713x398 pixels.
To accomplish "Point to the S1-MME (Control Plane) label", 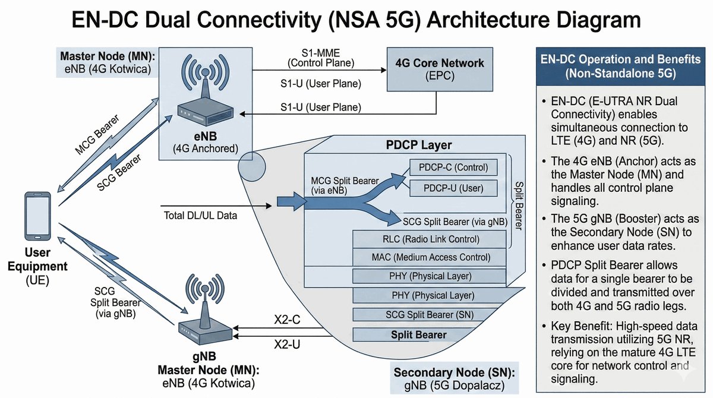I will coord(321,57).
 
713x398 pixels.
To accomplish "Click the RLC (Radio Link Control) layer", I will coord(429,239).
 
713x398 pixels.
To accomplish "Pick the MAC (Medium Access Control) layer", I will coord(429,257).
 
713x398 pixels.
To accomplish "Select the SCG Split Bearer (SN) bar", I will coord(429,315).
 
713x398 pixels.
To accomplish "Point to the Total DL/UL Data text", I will coord(200,216).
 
